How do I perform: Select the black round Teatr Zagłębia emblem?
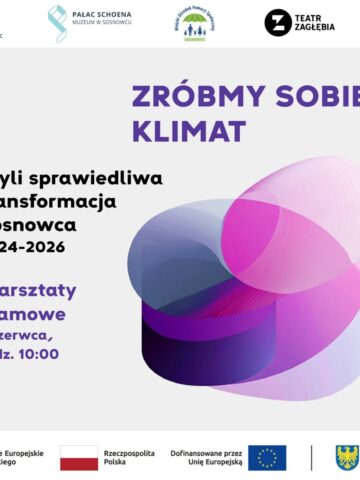[x=278, y=22]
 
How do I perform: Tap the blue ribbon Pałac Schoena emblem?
[x=57, y=21]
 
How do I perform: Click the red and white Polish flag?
[x=79, y=458]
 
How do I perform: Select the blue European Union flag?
[x=267, y=458]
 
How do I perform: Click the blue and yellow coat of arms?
[x=347, y=458]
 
